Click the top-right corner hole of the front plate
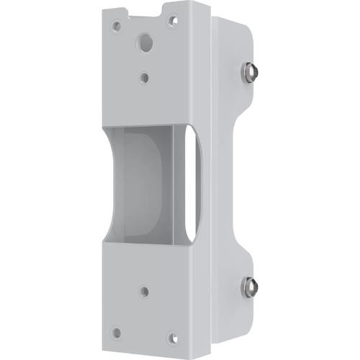click(172, 19)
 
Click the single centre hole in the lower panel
click(145, 292)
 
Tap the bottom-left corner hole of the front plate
click(116, 333)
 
